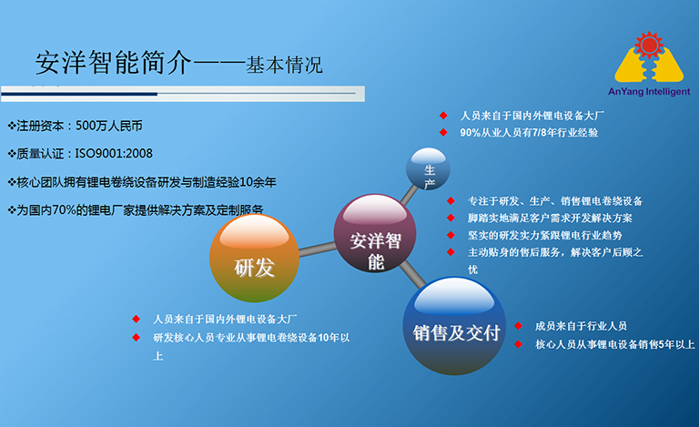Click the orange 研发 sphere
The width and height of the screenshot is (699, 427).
click(x=254, y=259)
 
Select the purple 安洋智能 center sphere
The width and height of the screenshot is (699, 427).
click(x=375, y=233)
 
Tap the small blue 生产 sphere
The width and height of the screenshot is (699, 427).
click(x=428, y=169)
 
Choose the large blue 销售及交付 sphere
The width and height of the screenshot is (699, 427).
click(x=454, y=326)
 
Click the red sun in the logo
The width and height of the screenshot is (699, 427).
click(x=649, y=45)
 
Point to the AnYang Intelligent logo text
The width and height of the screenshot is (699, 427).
click(x=649, y=92)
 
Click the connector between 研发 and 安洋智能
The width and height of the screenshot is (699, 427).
click(x=318, y=249)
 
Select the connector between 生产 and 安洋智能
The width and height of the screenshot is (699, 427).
click(x=410, y=195)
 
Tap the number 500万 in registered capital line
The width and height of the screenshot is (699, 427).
click(x=91, y=127)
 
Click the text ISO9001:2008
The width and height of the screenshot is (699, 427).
click(x=114, y=154)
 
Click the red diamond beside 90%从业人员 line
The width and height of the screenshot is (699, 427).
click(x=443, y=132)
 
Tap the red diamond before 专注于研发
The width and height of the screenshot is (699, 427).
click(x=451, y=201)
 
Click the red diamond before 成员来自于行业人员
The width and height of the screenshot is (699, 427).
click(x=519, y=326)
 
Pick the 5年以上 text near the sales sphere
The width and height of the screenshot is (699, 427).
click(x=677, y=344)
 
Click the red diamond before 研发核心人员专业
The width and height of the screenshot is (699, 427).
click(x=136, y=338)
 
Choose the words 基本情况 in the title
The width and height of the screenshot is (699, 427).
click(x=284, y=65)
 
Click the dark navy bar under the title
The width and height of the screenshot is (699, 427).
click(x=79, y=94)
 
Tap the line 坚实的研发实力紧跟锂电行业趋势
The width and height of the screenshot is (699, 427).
click(x=545, y=235)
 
